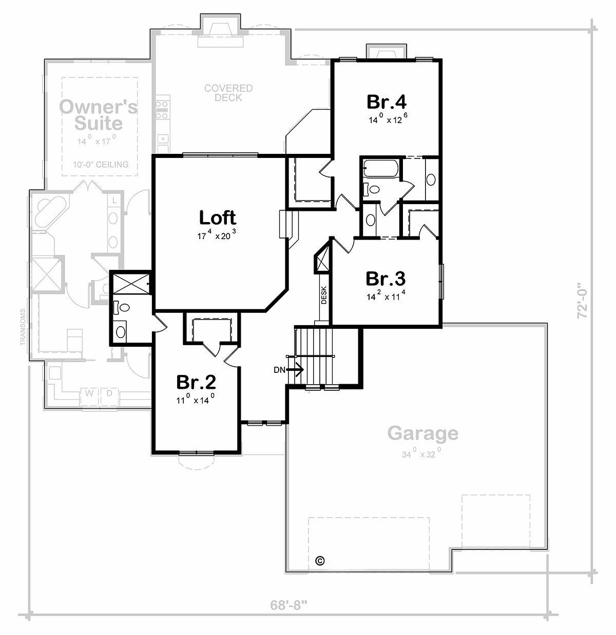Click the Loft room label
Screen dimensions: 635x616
pyautogui.click(x=217, y=217)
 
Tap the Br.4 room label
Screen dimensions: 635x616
pyautogui.click(x=387, y=102)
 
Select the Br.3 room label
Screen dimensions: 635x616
pyautogui.click(x=386, y=279)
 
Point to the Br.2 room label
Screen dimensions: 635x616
pyautogui.click(x=196, y=382)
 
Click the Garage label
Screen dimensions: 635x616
pyautogui.click(x=422, y=433)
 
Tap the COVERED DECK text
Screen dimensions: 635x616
pyautogui.click(x=228, y=93)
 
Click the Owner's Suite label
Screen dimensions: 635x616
pyautogui.click(x=99, y=115)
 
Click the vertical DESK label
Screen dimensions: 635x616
pyautogui.click(x=324, y=295)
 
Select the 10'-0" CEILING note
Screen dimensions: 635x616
pyautogui.click(x=101, y=165)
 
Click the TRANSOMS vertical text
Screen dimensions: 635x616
pyautogui.click(x=23, y=327)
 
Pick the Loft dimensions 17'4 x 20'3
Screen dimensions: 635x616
pyautogui.click(x=217, y=236)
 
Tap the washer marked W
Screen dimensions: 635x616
pyautogui.click(x=89, y=393)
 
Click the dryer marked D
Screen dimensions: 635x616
pyautogui.click(x=109, y=393)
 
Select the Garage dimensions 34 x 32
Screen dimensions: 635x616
pyautogui.click(x=422, y=454)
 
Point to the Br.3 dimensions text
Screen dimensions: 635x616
pyautogui.click(x=386, y=295)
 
